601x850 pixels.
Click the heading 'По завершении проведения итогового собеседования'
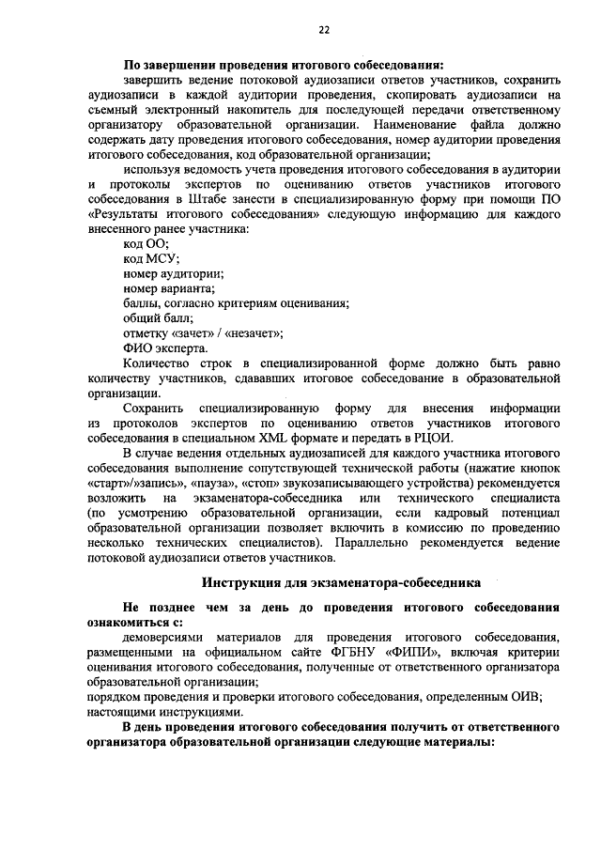pyautogui.click(x=283, y=65)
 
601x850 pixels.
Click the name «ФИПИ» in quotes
pyautogui.click(x=412, y=651)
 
